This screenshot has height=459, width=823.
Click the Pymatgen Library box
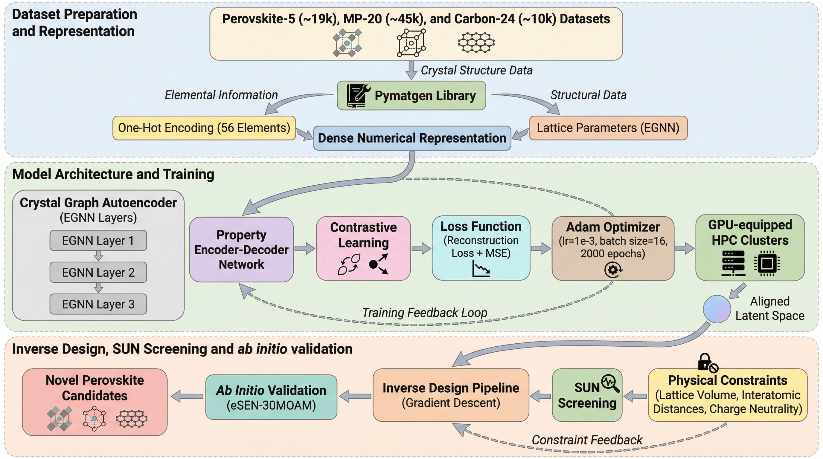pos(411,95)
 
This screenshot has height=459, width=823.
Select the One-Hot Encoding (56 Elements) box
pos(204,128)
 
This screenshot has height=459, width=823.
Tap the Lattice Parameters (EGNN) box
pos(608,128)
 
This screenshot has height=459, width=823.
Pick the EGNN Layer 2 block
pos(98,272)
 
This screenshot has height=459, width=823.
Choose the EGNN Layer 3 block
pos(98,304)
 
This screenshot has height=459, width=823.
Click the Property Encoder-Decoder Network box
pos(241,249)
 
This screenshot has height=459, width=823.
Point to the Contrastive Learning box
pos(363,248)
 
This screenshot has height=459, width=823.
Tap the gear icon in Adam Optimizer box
pos(613,270)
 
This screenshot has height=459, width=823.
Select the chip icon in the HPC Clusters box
pos(767,263)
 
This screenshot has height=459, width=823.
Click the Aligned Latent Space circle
pos(717,309)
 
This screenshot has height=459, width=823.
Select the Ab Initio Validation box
pos(271,397)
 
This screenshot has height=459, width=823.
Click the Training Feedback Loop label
pos(425,313)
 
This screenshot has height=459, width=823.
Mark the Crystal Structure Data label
pos(476,70)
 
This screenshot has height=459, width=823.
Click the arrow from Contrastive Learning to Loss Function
pos(421,248)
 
